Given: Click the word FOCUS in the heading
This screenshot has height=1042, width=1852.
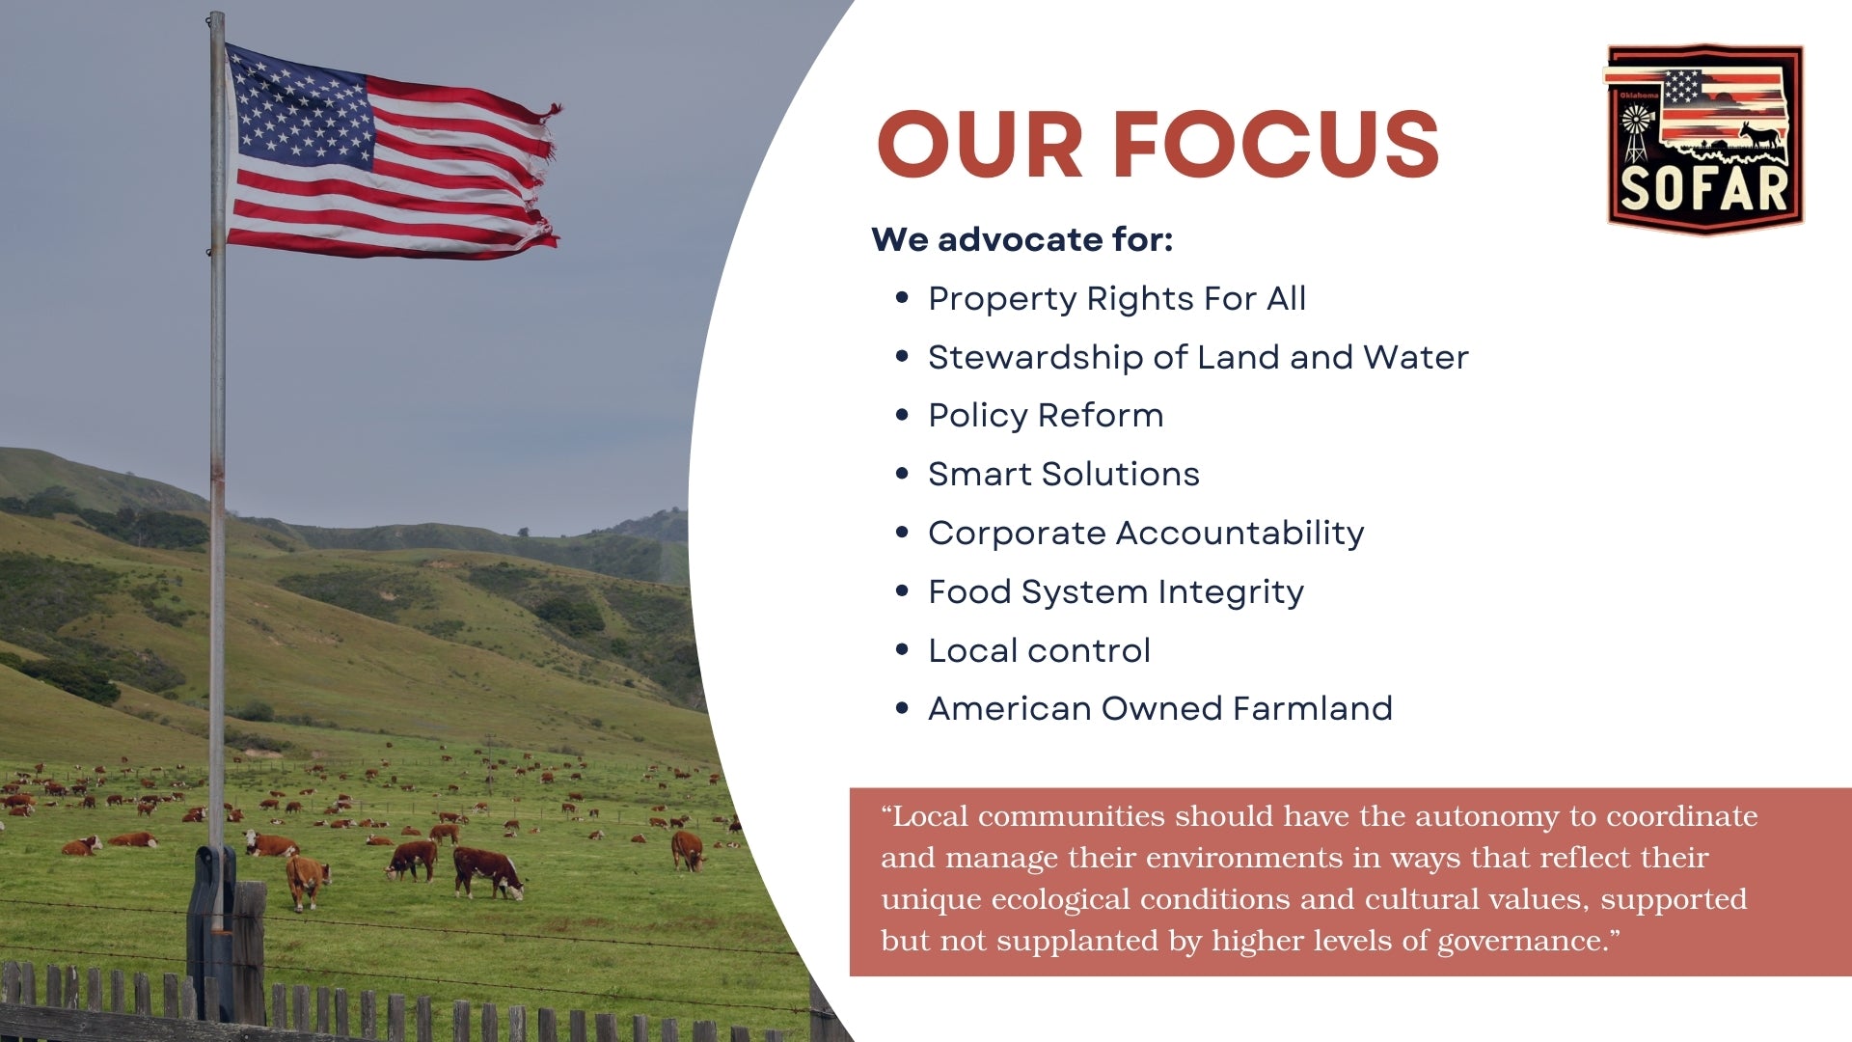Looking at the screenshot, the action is coord(1277,144).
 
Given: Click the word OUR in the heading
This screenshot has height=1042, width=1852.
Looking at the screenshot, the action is coord(980,144).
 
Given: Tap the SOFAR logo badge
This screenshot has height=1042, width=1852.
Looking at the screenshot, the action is coord(1704,138).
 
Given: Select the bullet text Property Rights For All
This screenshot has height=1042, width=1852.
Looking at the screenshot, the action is coord(1117,299).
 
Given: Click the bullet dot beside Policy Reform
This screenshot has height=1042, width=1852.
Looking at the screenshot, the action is coord(902,415).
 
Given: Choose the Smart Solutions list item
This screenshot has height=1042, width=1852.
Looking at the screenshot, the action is coord(1063,475).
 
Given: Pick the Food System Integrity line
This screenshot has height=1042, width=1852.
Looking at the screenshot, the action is coord(1116,592).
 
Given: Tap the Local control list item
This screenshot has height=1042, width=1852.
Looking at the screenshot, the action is coord(1039,650).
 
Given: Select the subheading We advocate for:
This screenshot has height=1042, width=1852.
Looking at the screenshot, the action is coord(1021,239).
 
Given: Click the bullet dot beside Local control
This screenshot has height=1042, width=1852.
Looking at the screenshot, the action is coord(902,650).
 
